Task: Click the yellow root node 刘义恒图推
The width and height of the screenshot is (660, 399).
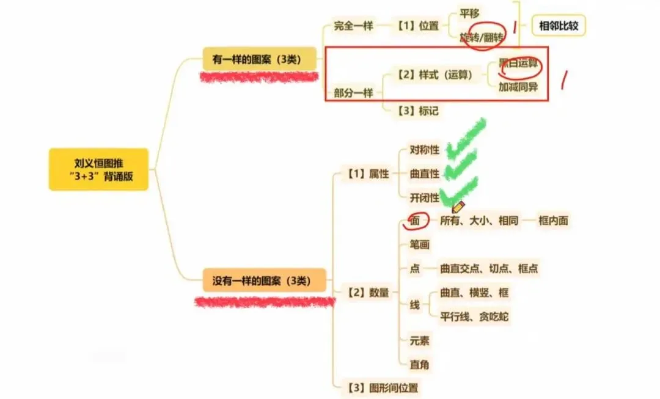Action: pos(99,169)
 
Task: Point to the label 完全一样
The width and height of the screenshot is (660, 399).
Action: pos(353,26)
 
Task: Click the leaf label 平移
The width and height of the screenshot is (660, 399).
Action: pos(470,12)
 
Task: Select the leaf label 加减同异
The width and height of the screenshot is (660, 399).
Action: pos(518,87)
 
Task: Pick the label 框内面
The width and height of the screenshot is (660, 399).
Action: pos(553,221)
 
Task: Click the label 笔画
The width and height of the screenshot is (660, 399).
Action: pos(419,245)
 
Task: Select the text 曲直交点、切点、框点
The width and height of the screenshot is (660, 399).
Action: pos(489,268)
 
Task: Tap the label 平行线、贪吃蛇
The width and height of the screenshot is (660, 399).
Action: pos(474,317)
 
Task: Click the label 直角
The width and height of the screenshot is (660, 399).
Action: pos(419,365)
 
